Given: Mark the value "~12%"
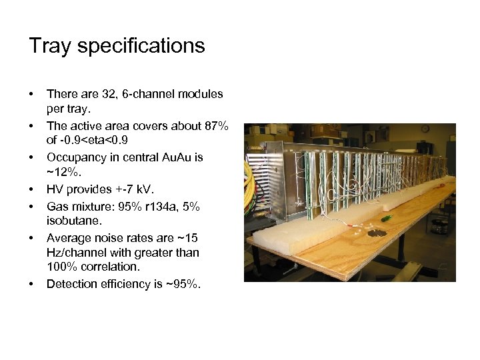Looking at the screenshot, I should [x=61, y=172].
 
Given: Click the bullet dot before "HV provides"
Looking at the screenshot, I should [x=31, y=189].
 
